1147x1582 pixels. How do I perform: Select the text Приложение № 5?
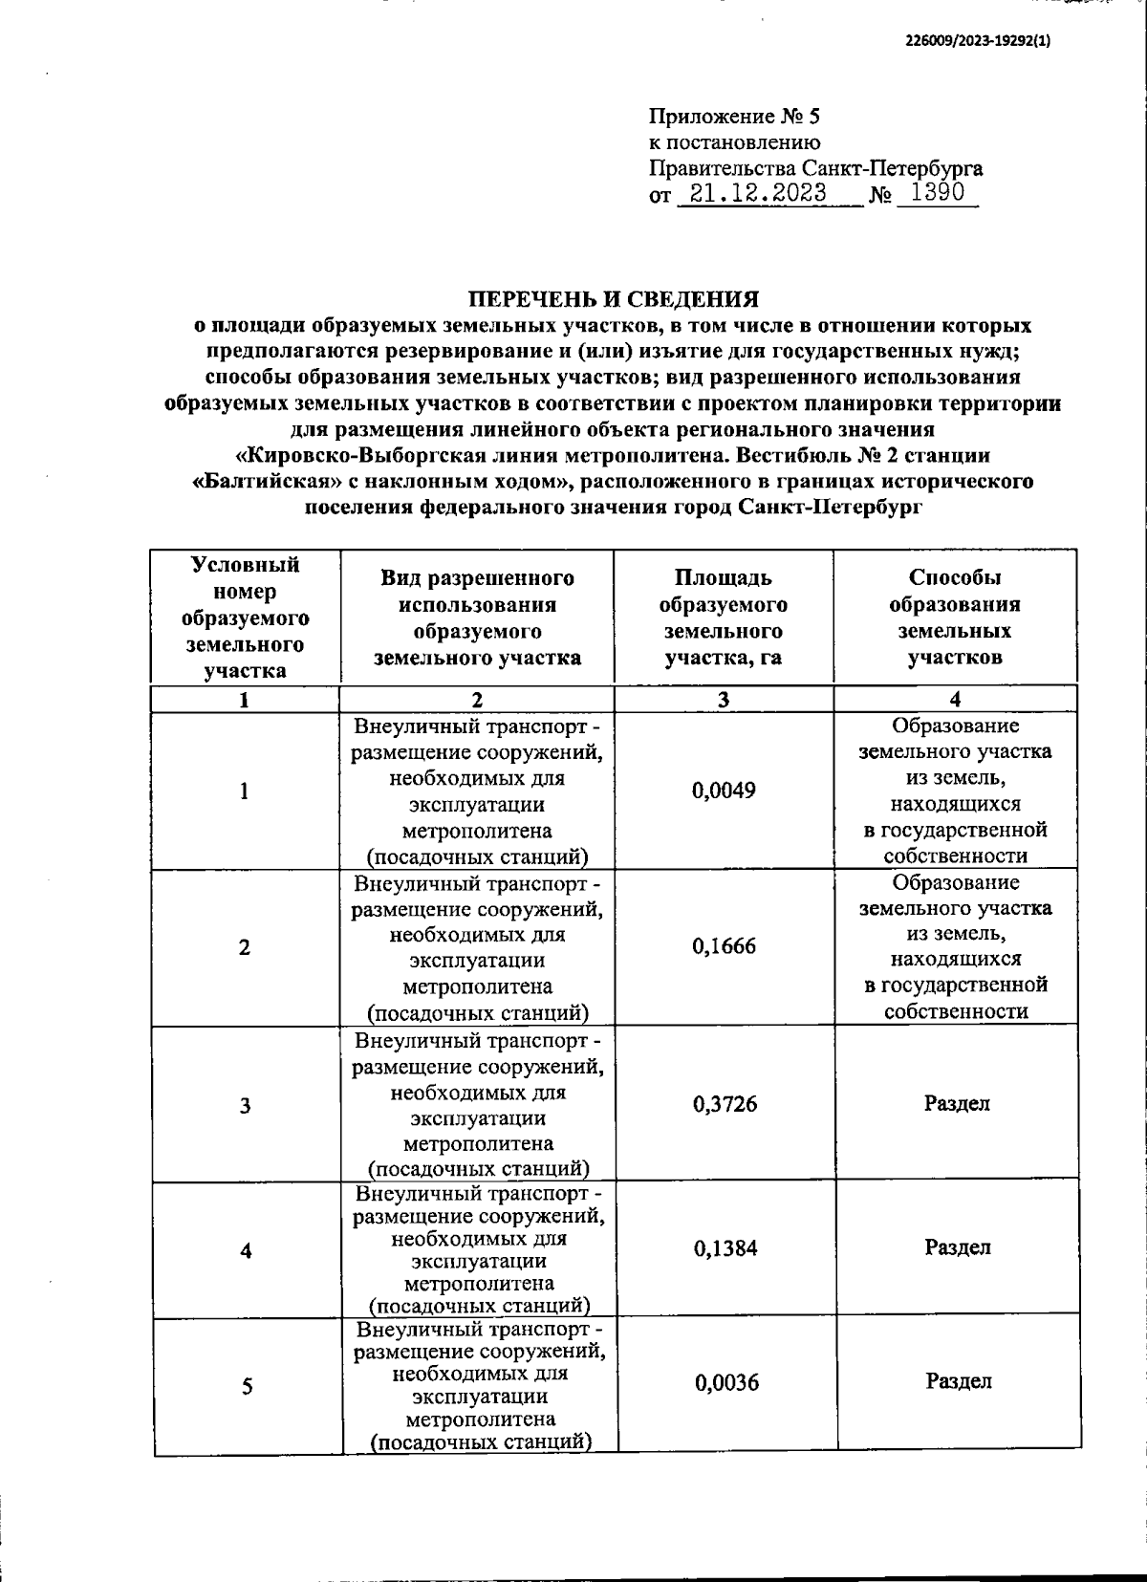pyautogui.click(x=734, y=118)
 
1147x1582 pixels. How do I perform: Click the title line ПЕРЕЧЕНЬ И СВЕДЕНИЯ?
pyautogui.click(x=613, y=299)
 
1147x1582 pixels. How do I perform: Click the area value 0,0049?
pyautogui.click(x=724, y=791)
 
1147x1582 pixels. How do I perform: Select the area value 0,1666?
pyautogui.click(x=724, y=946)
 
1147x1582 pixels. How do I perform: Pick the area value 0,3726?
pyautogui.click(x=725, y=1104)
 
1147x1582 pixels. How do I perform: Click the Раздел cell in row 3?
pyautogui.click(x=957, y=1103)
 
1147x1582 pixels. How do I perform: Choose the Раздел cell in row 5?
pyautogui.click(x=958, y=1381)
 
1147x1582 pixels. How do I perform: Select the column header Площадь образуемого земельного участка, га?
pyautogui.click(x=724, y=618)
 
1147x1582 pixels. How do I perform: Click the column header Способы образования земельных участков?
pyautogui.click(x=955, y=618)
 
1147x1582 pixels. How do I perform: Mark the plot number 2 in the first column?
pyautogui.click(x=245, y=947)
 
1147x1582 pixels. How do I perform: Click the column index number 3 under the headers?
pyautogui.click(x=724, y=700)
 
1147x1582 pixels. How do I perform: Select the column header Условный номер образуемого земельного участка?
pyautogui.click(x=246, y=618)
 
